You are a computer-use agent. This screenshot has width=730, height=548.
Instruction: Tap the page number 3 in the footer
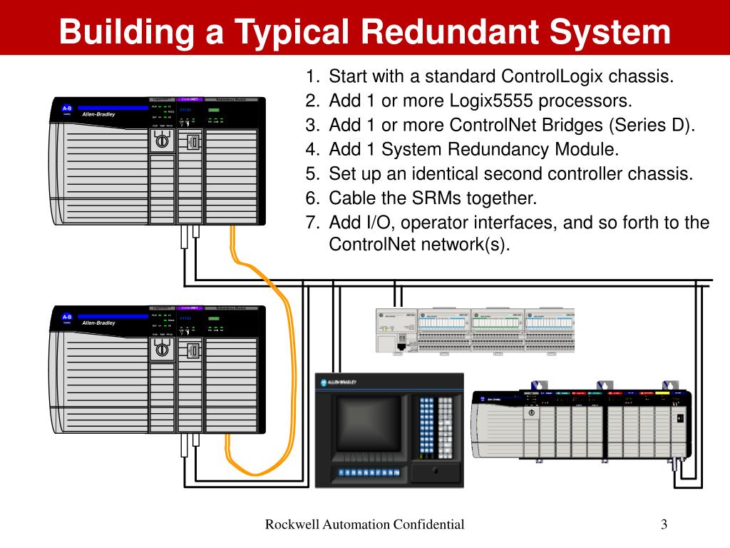(664, 525)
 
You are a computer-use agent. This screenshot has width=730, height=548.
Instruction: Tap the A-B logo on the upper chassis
(67, 108)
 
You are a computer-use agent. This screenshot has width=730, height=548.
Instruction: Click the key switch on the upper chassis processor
(162, 141)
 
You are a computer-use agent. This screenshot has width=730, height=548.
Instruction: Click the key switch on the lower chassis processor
(162, 350)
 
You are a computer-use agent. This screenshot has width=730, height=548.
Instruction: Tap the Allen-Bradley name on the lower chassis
(98, 323)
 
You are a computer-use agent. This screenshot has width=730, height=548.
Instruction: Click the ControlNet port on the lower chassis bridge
(192, 350)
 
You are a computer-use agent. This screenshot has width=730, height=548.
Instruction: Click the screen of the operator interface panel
(364, 424)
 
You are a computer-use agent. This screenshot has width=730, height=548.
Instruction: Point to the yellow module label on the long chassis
(662, 393)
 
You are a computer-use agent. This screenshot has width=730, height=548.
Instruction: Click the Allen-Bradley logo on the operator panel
(339, 382)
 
